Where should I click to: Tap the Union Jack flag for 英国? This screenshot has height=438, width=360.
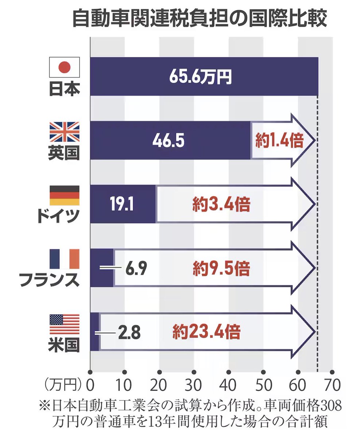64,132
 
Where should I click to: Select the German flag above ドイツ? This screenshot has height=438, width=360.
64,195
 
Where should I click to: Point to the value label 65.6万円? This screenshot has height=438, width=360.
200,77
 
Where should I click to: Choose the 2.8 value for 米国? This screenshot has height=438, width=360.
129,333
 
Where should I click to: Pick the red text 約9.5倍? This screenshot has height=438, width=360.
221,269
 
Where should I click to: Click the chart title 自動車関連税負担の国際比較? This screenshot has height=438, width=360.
199,19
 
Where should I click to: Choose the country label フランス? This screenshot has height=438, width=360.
49,280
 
